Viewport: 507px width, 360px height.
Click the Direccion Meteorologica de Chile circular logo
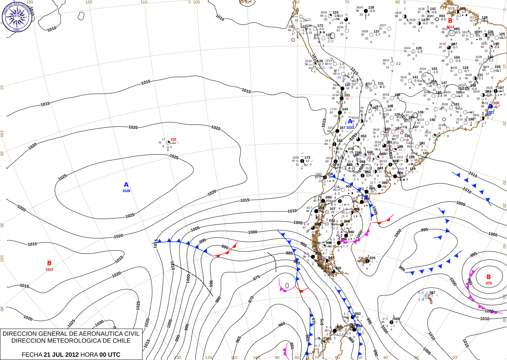point(16,16)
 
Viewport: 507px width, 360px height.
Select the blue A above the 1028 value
point(126,185)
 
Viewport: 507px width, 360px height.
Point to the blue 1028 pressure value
point(126,191)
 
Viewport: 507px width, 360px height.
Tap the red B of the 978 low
point(488,277)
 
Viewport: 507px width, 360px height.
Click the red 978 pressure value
point(489,283)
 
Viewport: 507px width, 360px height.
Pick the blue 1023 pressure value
point(350,128)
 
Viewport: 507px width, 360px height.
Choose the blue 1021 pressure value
point(490,112)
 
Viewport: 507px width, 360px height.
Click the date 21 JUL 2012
point(61,355)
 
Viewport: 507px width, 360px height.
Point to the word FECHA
point(32,355)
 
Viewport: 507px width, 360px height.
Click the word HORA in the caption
point(89,355)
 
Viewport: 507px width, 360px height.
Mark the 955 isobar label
point(292,346)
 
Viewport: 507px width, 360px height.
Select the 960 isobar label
point(281,325)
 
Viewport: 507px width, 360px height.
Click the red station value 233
point(173,139)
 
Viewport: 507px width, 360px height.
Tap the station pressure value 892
point(357,314)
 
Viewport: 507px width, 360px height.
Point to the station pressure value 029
point(372,258)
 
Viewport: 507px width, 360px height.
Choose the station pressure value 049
point(396,319)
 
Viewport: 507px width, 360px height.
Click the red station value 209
point(496,103)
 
